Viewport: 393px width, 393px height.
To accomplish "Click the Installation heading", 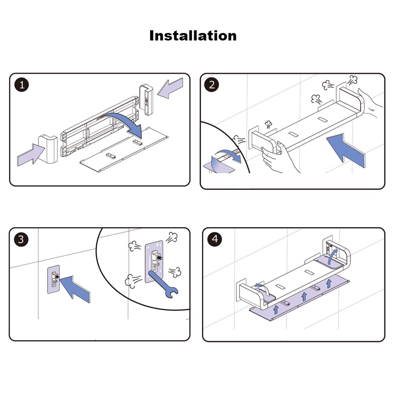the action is (x=193, y=36).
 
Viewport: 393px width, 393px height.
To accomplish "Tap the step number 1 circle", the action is (x=22, y=85).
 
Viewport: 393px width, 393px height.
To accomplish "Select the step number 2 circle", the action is (x=211, y=85).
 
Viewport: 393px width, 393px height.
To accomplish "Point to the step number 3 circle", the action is (x=21, y=239).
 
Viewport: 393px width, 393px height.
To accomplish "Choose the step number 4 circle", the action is (x=215, y=239).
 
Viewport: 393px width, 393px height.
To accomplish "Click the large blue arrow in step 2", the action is (x=346, y=151).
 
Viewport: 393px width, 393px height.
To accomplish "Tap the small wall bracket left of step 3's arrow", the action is (x=53, y=279).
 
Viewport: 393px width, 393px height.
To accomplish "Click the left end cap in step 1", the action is (x=48, y=149).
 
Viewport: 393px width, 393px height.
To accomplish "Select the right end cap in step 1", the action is (x=146, y=99).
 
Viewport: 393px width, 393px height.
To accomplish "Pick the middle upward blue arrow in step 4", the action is (x=304, y=296).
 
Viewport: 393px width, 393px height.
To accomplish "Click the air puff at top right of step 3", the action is (x=172, y=237).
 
